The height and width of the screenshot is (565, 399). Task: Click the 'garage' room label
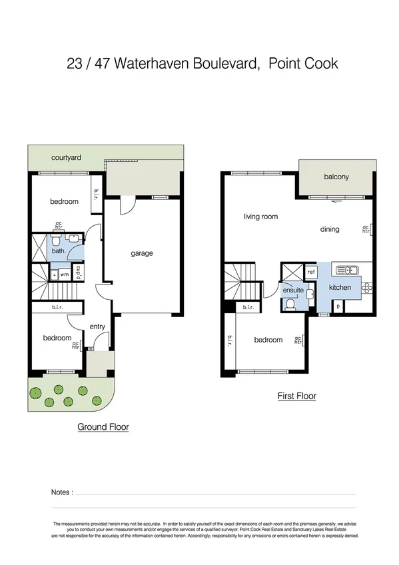pos(141,253)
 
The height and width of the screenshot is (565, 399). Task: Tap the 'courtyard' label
pos(67,158)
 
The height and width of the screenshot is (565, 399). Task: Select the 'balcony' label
pos(336,177)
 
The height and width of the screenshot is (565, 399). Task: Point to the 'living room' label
pos(260,217)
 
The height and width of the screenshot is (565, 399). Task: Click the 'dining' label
pos(330,229)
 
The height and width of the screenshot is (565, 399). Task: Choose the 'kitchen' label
pos(340,287)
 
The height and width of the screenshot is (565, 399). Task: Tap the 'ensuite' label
pos(293,290)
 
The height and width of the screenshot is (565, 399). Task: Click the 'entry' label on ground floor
pos(97,326)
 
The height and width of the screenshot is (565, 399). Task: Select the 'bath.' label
pos(59,251)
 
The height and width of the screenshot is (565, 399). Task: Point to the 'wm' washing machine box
pos(65,274)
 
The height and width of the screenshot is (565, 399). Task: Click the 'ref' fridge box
pos(311,272)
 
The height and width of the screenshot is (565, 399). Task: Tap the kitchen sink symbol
pos(346,270)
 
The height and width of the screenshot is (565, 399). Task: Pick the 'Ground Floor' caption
pos(103,427)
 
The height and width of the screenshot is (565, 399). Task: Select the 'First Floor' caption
pos(296,396)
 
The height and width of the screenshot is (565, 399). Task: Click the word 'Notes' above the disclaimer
pos(61,492)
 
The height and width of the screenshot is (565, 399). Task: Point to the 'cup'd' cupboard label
pos(79,273)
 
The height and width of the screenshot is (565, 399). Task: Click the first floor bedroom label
pos(268,340)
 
